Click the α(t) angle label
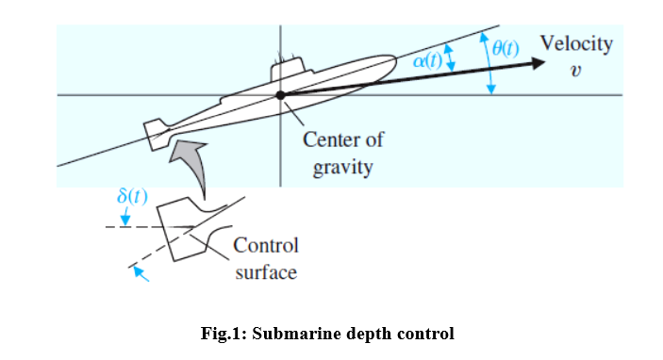429,59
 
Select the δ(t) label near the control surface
132,196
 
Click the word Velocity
575,43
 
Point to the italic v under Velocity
574,72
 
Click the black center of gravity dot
280,95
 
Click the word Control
266,246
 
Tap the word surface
266,272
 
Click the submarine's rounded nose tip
395,58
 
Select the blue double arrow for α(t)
450,59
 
